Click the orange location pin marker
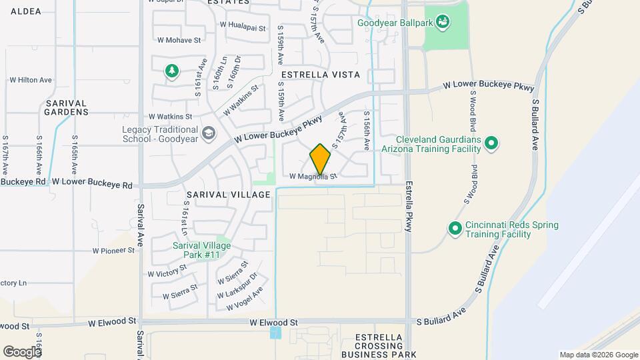321,159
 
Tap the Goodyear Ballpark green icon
443,23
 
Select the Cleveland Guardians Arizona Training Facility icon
491,143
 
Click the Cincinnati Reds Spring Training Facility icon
455,229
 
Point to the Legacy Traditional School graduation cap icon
209,134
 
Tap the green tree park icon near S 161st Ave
172,70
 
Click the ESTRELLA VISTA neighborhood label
321,75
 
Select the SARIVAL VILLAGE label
229,195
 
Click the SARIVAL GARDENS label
67,107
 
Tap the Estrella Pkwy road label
409,206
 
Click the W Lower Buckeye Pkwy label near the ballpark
489,87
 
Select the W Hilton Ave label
31,80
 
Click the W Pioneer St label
114,251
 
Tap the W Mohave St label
179,40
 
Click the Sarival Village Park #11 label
201,250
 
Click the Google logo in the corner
22,351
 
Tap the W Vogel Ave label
245,299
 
